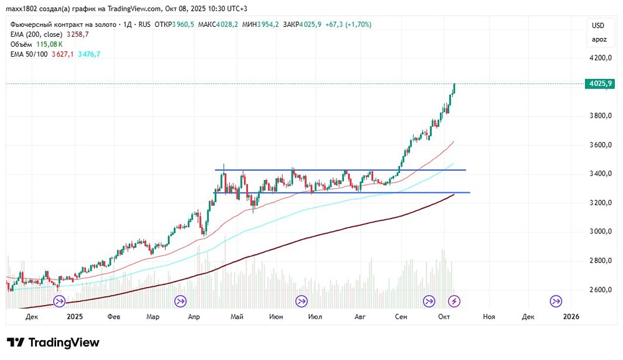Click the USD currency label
[x=598, y=26]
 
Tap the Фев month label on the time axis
[x=113, y=316]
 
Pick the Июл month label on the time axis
[x=316, y=316]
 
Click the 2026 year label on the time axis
[x=571, y=316]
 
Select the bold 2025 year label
[x=74, y=316]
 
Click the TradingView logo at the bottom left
[x=53, y=343]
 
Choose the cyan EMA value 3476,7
[x=88, y=54]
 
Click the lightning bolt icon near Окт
[x=455, y=301]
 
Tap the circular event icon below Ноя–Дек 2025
[x=555, y=301]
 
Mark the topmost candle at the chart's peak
[x=455, y=88]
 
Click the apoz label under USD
[x=598, y=39]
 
